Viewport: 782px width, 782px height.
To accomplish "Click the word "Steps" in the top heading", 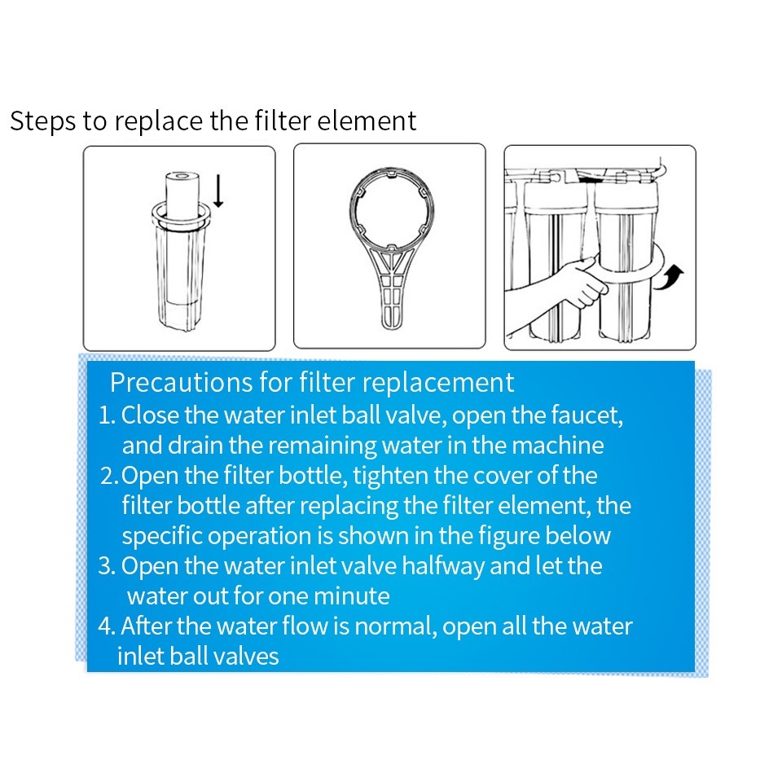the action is click(x=43, y=122).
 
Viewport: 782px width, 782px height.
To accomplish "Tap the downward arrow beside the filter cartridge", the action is click(x=218, y=191).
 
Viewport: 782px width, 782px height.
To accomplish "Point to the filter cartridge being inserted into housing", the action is click(x=182, y=196).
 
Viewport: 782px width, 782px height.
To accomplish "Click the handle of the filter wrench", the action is click(x=392, y=292).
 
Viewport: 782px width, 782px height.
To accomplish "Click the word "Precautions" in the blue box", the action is click(x=181, y=383).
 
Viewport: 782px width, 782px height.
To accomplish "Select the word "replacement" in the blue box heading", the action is click(x=438, y=383).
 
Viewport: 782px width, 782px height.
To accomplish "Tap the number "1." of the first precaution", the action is click(x=108, y=415).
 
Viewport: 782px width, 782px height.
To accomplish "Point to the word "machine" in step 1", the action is click(x=557, y=446).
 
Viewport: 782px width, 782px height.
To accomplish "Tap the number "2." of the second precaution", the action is click(x=109, y=476).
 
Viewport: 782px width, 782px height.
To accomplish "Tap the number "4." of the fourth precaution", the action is click(x=108, y=626).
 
